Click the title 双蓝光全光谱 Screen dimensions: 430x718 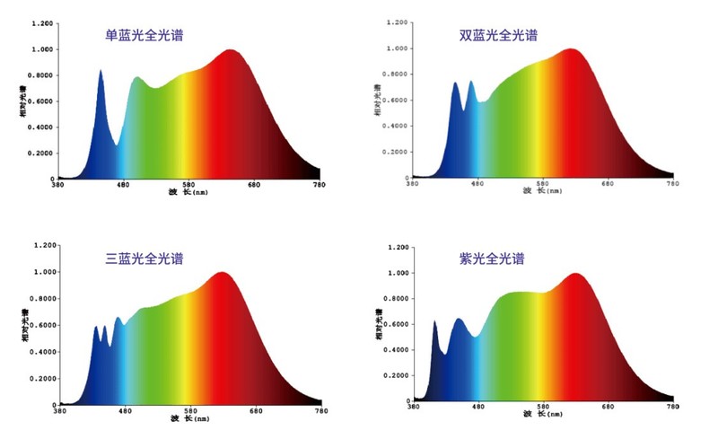click(x=498, y=36)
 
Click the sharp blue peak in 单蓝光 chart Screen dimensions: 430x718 click(x=101, y=71)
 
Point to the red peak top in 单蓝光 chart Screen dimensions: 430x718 click(x=231, y=51)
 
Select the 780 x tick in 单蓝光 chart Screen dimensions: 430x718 click(x=319, y=184)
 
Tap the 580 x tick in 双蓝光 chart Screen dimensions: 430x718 click(x=542, y=183)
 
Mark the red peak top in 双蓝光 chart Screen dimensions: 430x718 click(x=571, y=50)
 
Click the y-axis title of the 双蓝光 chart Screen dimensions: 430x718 click(x=376, y=99)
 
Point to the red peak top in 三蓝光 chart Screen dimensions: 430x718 click(x=221, y=274)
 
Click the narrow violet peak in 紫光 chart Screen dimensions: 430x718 click(x=434, y=322)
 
